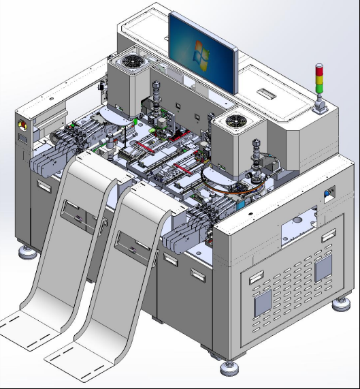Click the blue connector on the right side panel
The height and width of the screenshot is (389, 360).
[x=329, y=194]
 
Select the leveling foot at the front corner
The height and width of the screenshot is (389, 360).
[x=229, y=369]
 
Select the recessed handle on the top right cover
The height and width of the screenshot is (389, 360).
[x=266, y=90]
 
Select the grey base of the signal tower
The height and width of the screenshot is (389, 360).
[x=318, y=106]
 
